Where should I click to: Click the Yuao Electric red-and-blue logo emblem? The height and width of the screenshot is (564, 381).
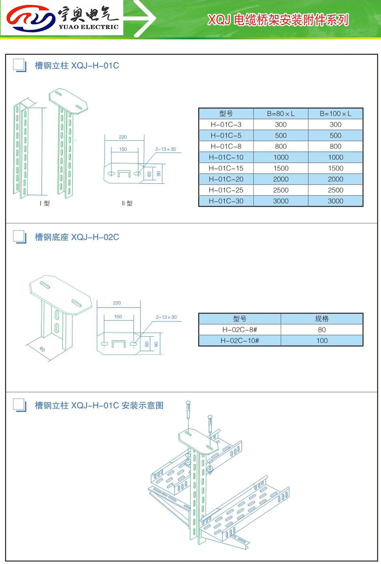[31, 19]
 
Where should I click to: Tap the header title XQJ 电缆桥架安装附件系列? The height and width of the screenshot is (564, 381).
[278, 19]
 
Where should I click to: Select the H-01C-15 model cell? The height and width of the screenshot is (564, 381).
[226, 168]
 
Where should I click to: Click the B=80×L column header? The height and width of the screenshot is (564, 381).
[280, 114]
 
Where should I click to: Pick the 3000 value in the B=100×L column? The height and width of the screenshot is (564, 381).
[335, 201]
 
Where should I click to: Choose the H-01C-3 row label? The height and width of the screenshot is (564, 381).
[226, 125]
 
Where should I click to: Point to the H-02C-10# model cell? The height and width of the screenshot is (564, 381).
[240, 341]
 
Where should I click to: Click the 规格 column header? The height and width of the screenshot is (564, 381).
[322, 319]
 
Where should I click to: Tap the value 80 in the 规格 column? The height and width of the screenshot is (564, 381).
[322, 330]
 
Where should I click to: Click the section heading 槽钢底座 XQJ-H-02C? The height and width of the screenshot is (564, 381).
[77, 237]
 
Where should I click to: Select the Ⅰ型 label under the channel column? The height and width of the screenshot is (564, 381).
[45, 204]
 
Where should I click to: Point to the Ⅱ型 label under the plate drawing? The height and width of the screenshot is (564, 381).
[127, 204]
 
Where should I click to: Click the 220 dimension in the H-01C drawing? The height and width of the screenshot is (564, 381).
[123, 137]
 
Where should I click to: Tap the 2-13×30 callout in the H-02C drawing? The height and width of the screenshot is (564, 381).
[166, 317]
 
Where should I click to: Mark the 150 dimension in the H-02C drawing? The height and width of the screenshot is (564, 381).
[118, 317]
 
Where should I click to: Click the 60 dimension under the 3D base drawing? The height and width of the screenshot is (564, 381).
[43, 349]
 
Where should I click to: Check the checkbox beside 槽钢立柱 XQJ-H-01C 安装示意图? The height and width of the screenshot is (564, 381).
[19, 405]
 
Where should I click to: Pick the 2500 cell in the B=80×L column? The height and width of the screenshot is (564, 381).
[280, 190]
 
